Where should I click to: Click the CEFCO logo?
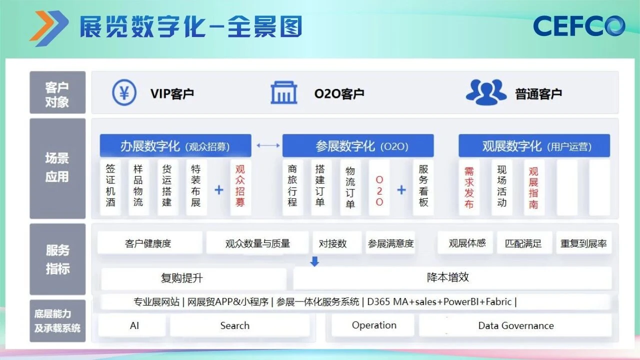point(579,25)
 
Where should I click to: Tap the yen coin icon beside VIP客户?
point(124,93)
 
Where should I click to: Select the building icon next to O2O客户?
point(283,93)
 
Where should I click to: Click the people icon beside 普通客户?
point(486,92)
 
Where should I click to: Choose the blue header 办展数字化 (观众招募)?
point(175,146)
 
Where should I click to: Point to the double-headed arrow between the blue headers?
point(268,145)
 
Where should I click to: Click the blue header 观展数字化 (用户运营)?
point(534,146)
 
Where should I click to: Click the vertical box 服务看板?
point(423,186)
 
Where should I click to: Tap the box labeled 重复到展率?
point(583,243)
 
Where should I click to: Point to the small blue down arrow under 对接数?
point(314,261)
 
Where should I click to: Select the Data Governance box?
point(515,325)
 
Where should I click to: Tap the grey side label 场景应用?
point(57,168)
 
